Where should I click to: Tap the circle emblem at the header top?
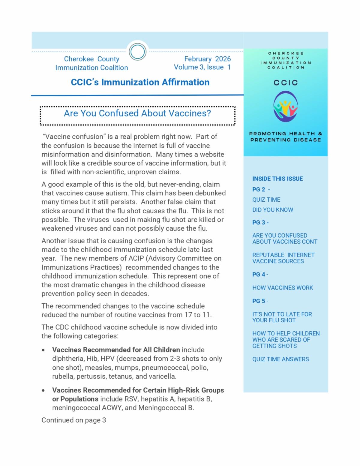pos(137,52)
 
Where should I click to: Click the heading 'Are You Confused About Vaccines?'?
pos(137,113)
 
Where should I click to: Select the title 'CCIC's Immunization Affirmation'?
pos(140,82)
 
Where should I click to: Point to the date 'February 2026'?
pos(207,59)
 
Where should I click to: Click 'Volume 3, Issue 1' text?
pos(202,67)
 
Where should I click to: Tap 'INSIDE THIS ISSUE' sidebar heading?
pos(277,179)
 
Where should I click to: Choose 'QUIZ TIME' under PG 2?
pos(266,200)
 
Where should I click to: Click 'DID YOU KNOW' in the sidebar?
pos(272,210)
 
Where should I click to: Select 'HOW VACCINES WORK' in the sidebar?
pos(282,287)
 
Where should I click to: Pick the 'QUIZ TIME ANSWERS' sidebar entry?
pos(280,359)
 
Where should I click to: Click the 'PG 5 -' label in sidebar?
pos(260,301)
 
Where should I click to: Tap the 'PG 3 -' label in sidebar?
pos(260,222)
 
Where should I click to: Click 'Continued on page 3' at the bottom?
pos(73,420)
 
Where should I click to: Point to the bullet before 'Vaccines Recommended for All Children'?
pos(44,350)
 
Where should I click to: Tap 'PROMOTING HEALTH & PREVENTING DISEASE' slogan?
pos(285,137)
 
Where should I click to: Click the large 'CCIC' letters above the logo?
pos(285,83)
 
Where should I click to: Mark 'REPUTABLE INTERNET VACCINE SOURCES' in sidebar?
pos(283,258)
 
